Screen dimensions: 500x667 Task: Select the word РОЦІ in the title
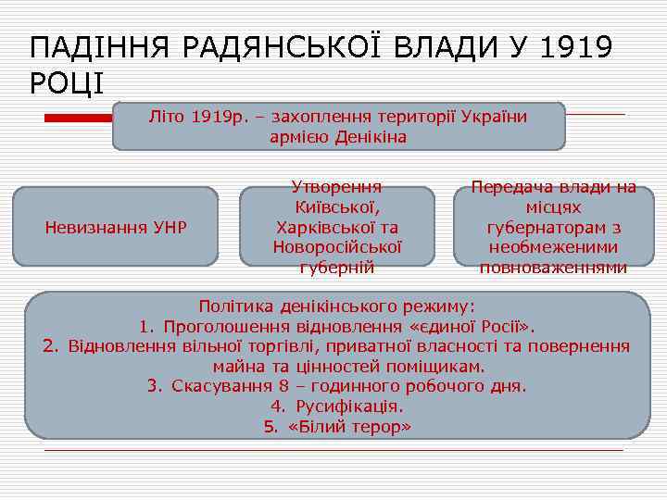pyautogui.click(x=67, y=83)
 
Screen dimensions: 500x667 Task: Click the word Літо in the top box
pyautogui.click(x=168, y=117)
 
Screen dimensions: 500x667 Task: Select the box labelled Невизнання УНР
pyautogui.click(x=116, y=227)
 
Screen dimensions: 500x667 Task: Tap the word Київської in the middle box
pyautogui.click(x=336, y=206)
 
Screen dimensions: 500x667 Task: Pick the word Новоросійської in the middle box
pyautogui.click(x=336, y=247)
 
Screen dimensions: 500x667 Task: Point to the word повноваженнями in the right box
pyautogui.click(x=553, y=269)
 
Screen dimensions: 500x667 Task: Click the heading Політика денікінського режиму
pyautogui.click(x=336, y=306)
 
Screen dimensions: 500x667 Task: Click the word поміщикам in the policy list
pyautogui.click(x=440, y=367)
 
